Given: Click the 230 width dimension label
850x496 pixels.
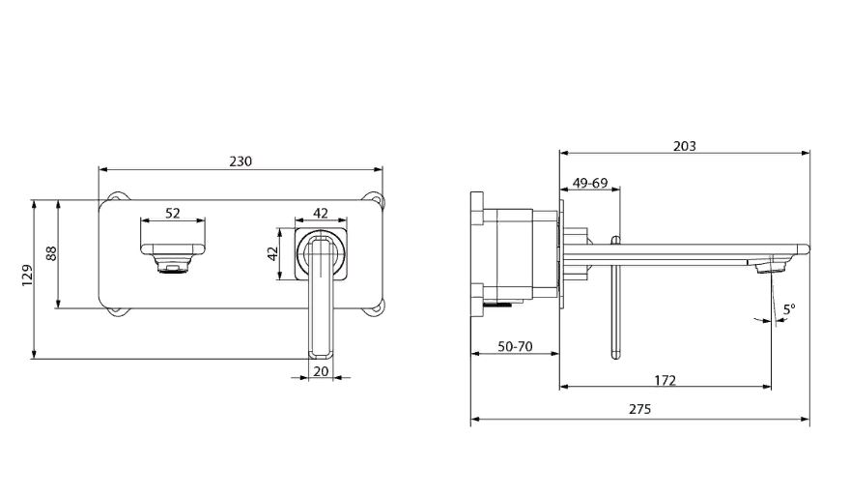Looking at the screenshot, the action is coord(241,161).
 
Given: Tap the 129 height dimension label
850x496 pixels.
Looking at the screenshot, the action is coord(27,276).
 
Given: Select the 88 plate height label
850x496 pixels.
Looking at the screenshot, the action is coord(51,253).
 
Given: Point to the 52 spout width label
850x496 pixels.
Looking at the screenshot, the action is coord(172,214).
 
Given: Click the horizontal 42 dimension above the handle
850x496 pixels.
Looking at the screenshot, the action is coord(321,214).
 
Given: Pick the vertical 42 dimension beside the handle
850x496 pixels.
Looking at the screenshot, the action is coord(272,253).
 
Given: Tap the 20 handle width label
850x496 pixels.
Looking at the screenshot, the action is coord(321,371).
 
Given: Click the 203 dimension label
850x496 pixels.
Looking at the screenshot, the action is coord(684,146).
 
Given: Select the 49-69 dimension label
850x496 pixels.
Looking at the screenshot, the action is coord(590,183).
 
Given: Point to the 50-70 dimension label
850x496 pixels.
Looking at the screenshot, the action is coord(515,346).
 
